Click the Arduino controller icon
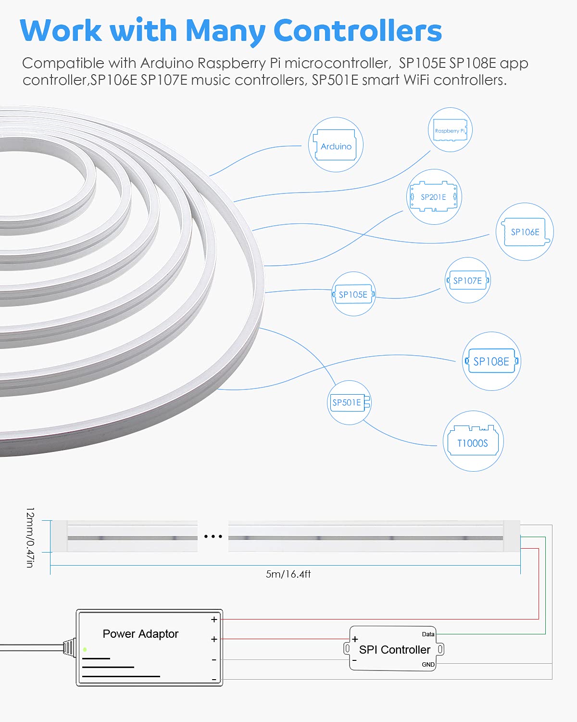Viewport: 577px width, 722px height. (x=336, y=145)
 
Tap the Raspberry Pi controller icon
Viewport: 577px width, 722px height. (x=450, y=130)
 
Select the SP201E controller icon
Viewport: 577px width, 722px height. (x=434, y=197)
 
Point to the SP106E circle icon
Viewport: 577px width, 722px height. (x=525, y=232)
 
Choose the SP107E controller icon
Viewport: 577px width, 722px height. (x=467, y=281)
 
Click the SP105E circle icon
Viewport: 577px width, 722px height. (x=353, y=294)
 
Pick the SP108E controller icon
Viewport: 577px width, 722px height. (x=491, y=361)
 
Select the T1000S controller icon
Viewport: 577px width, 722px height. (x=473, y=442)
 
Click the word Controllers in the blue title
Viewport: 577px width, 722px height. (x=357, y=31)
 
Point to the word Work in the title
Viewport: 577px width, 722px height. (x=61, y=31)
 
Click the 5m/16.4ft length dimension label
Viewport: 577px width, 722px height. (x=288, y=574)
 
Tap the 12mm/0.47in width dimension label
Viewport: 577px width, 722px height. (x=30, y=537)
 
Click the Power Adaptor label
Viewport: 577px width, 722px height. (x=140, y=634)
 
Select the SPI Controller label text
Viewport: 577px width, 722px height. (x=394, y=650)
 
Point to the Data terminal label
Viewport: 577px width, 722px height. (x=428, y=634)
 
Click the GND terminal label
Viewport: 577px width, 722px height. (x=428, y=665)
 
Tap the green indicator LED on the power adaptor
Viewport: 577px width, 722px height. (x=85, y=650)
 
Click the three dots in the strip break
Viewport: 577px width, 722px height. (x=213, y=536)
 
